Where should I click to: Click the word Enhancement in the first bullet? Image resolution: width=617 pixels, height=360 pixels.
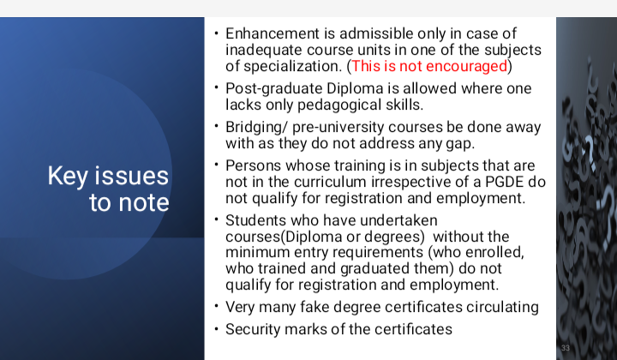273,33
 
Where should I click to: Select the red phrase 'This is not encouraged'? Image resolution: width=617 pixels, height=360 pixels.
429,66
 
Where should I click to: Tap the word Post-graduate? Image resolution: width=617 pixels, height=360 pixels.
274,89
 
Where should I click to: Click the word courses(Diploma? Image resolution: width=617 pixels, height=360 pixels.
284,237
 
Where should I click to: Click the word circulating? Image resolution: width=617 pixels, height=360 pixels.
502,307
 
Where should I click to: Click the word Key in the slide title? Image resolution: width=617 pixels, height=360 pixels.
68,177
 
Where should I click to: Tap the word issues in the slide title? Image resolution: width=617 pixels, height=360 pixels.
132,176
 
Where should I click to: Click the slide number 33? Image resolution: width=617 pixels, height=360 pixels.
566,348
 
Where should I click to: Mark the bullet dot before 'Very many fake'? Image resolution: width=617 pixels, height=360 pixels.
217,305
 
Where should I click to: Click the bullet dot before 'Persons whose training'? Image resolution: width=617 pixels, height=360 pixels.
217,163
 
